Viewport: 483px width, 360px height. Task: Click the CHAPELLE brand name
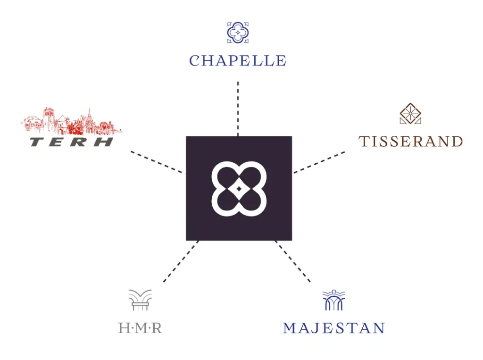pos(238,61)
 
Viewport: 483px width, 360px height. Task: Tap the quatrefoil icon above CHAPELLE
pos(238,32)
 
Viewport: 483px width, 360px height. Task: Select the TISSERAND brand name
pos(410,142)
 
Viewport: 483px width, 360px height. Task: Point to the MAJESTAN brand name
pos(333,328)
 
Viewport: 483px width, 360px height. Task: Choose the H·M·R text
pos(140,328)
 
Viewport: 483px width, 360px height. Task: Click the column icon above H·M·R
pos(140,300)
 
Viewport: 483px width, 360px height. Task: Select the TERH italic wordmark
pos(72,142)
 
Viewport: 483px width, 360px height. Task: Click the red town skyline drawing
pos(71,121)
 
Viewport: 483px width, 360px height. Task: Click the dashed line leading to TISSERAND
pos(319,162)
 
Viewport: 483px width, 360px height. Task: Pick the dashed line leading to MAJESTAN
pos(293,261)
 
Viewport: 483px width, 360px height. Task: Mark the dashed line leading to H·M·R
pos(181,262)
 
